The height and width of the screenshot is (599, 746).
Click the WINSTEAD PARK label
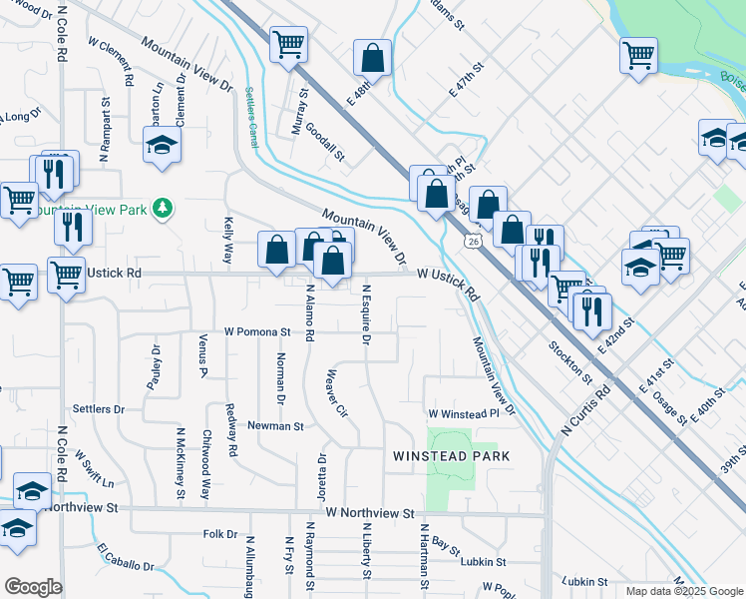coord(451,456)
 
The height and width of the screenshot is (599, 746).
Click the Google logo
coord(33,587)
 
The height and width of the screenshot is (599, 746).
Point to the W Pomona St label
coord(256,330)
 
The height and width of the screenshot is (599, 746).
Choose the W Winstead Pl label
coord(463,413)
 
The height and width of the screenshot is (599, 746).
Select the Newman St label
coord(275,426)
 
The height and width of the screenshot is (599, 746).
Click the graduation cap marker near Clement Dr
coord(160,146)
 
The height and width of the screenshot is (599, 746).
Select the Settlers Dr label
coord(99,409)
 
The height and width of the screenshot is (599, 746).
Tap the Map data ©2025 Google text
coord(684,591)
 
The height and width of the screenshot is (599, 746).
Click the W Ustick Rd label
coord(448,283)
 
